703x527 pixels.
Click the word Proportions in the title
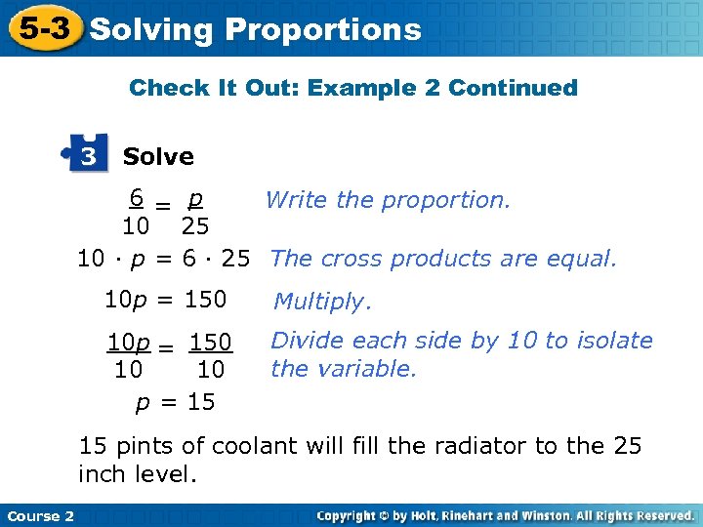click(x=322, y=30)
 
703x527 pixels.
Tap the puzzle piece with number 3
click(x=88, y=156)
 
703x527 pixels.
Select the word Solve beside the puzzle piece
click(x=158, y=156)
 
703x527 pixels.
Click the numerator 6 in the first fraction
click(x=138, y=198)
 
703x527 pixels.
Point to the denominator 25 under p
click(x=195, y=227)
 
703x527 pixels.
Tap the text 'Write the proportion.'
click(x=388, y=200)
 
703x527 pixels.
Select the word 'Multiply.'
click(x=323, y=302)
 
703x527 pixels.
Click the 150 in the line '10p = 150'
click(x=205, y=299)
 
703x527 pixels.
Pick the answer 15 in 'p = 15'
click(x=202, y=401)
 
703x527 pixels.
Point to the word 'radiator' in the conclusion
click(x=479, y=446)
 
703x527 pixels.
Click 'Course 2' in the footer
click(x=40, y=515)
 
